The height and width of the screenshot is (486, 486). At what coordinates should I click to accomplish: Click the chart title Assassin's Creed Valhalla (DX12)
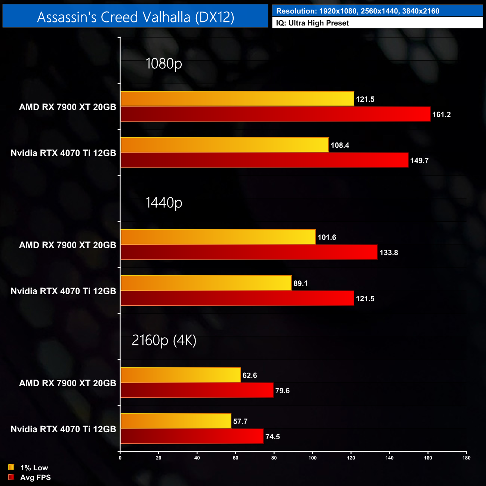point(135,17)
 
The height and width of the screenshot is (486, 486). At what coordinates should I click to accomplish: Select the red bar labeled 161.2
point(275,114)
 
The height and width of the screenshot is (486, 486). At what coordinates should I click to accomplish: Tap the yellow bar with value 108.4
point(224,145)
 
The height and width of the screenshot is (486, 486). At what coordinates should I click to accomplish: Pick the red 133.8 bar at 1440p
point(249,252)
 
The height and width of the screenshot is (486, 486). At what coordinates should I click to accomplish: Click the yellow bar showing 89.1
point(206,283)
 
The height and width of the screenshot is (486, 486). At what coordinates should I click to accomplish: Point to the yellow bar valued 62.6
point(181,375)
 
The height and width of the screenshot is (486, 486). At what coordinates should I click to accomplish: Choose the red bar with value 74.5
point(192,436)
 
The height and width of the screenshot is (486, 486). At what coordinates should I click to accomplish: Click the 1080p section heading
point(163,64)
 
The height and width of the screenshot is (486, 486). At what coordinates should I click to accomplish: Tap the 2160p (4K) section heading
point(164,340)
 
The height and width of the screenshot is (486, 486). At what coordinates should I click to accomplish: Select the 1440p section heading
point(163,202)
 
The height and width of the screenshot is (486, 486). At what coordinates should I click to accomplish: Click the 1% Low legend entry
point(28,468)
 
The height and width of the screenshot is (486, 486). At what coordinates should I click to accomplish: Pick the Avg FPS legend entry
point(30,477)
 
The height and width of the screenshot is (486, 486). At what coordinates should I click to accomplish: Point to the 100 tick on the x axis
point(313,458)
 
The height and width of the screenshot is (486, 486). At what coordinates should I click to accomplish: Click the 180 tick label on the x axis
point(466,458)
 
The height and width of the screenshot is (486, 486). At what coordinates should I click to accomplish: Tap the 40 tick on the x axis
point(197,458)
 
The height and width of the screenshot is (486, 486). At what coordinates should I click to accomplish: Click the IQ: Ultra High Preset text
point(312,23)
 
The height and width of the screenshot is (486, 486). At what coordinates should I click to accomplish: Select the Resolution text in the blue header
point(357,11)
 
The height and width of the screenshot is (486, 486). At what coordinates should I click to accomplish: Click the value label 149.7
point(419,161)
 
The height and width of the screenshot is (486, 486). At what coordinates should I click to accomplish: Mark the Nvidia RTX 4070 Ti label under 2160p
point(63,429)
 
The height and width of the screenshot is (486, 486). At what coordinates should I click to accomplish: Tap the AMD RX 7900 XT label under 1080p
point(67,107)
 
